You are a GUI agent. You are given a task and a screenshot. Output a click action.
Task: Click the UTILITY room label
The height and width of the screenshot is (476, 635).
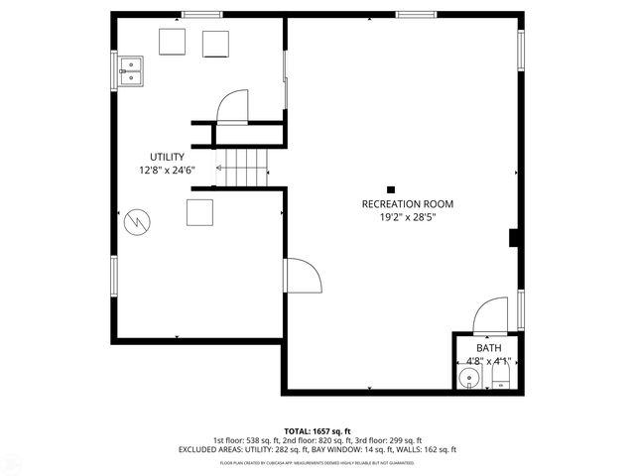(x=167, y=157)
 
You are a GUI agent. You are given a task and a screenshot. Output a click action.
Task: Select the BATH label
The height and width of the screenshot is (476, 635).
(x=488, y=348)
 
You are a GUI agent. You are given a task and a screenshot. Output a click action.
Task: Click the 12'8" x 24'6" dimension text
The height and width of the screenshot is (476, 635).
(x=167, y=170)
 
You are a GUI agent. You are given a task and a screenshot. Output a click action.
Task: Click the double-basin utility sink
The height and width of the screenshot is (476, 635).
(x=131, y=69)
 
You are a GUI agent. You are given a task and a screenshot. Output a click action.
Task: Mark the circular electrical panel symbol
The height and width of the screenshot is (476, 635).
(x=136, y=221)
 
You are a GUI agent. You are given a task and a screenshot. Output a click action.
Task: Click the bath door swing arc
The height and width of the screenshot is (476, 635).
(x=490, y=314)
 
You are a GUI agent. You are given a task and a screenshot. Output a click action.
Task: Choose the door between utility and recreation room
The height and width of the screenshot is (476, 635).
(x=302, y=275)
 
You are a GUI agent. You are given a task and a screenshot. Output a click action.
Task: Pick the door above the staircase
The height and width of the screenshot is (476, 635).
(x=234, y=106)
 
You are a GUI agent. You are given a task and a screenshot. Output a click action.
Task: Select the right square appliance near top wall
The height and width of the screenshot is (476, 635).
(x=216, y=44)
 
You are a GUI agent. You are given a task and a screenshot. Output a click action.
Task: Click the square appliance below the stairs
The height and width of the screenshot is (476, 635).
(x=199, y=212)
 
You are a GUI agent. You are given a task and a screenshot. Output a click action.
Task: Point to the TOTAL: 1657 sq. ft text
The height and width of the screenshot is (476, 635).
(x=317, y=430)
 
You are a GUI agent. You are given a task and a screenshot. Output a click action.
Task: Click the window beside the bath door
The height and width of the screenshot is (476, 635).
(x=520, y=310)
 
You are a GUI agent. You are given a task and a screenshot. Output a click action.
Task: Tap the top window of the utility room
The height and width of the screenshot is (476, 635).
(x=201, y=14)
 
